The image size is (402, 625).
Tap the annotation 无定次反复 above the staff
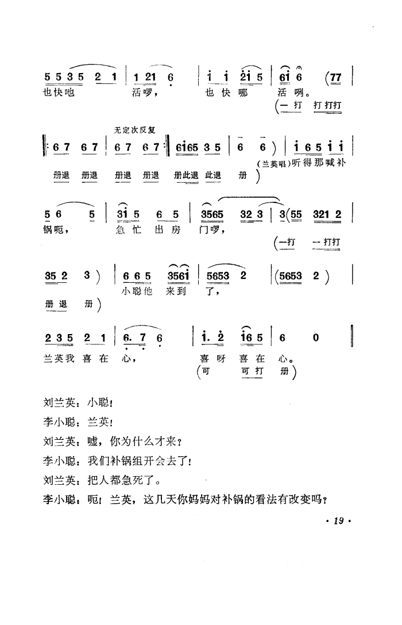tap(135, 131)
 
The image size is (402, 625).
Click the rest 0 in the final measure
tap(315, 338)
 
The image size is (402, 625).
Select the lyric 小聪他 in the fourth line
tap(137, 291)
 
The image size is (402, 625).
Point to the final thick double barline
tap(351, 336)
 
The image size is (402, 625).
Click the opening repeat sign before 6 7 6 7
tap(48, 148)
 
